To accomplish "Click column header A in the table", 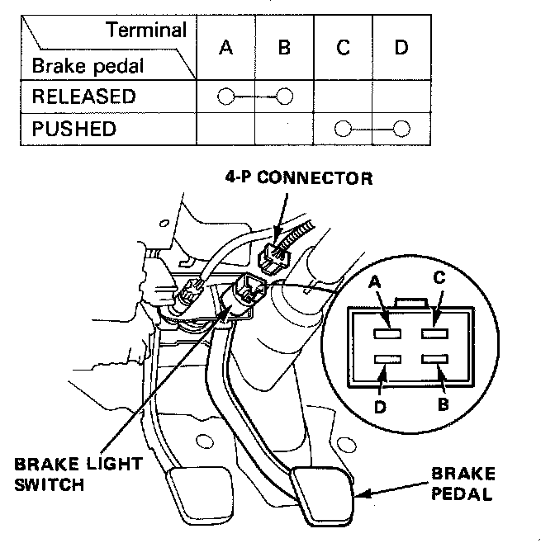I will [x=225, y=47].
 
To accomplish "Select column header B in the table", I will [x=284, y=47].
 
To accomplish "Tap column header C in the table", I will [x=343, y=47].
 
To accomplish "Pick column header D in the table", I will [x=401, y=47].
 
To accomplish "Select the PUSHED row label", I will [x=74, y=129].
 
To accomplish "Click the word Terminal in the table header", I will [x=145, y=31].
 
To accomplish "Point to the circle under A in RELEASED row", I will [x=225, y=97].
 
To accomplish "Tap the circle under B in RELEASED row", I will [x=285, y=97].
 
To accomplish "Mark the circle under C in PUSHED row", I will [x=344, y=129].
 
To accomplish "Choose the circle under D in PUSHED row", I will [x=402, y=129].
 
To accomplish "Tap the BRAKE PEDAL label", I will [x=463, y=484].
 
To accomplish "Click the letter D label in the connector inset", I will [x=380, y=406].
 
